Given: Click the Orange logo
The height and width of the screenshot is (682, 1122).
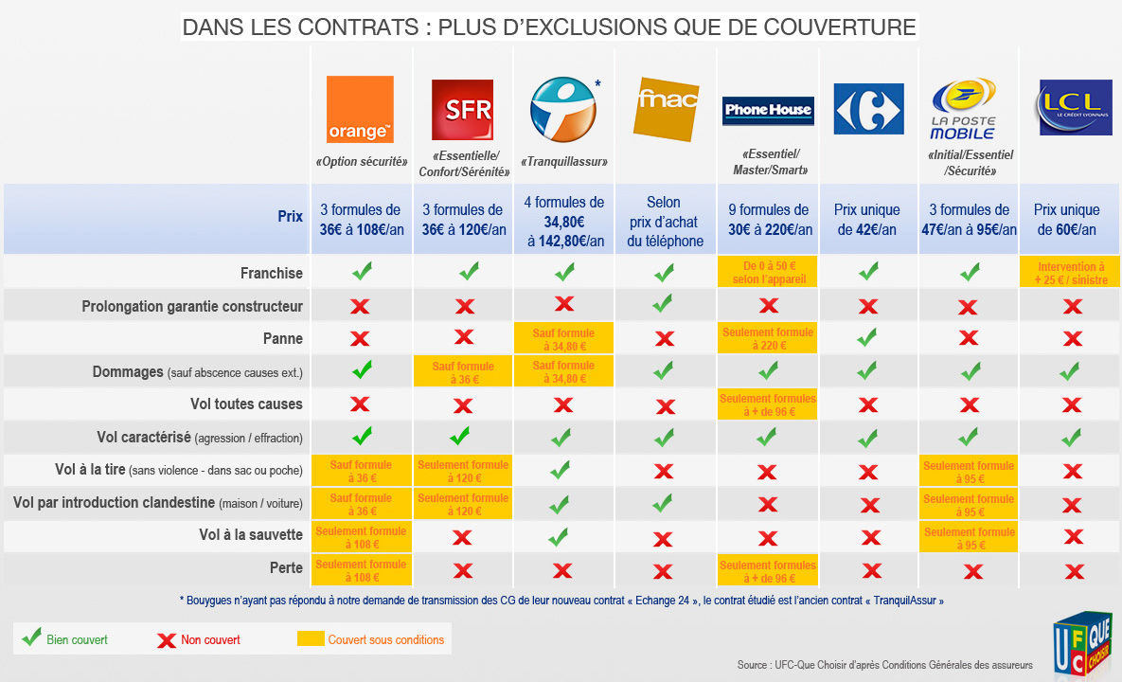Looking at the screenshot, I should click(x=360, y=109).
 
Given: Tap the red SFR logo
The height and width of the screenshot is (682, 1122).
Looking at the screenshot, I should click(x=462, y=110).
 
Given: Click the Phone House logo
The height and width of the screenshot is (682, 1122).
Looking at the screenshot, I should click(x=768, y=110).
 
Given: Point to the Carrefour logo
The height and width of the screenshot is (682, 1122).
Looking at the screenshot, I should click(x=869, y=109).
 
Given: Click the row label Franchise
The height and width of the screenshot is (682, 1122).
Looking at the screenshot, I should click(x=272, y=273).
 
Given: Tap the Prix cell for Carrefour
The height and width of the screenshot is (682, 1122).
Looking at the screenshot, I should click(x=867, y=220).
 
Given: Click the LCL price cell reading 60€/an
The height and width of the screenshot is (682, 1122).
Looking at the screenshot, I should click(x=1066, y=220).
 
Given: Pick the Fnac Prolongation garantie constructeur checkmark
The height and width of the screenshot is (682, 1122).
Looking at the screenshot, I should click(x=664, y=304).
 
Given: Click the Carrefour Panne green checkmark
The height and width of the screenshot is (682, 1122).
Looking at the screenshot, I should click(x=867, y=337).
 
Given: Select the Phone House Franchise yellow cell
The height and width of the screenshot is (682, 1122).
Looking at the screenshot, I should click(x=768, y=273).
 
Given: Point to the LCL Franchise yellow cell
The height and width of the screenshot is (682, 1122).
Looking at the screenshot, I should click(x=1071, y=273).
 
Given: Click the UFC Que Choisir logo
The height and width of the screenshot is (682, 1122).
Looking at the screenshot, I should click(x=1083, y=645).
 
